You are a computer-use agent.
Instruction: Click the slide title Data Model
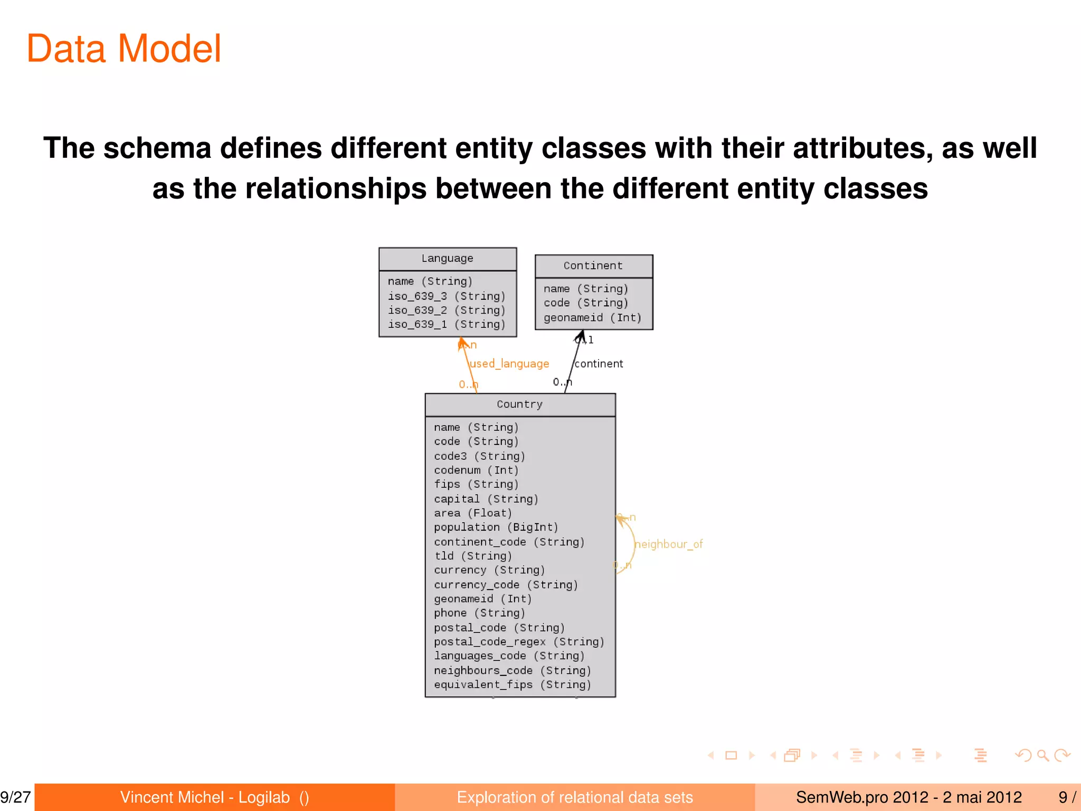[x=124, y=49]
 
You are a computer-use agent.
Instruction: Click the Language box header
[x=447, y=259]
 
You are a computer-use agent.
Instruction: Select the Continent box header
[x=593, y=266]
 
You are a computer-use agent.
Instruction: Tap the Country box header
[x=520, y=404]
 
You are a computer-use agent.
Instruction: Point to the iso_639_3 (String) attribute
[x=447, y=296]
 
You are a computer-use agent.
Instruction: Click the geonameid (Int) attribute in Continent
[x=592, y=318]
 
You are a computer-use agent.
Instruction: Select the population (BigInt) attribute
[x=496, y=527]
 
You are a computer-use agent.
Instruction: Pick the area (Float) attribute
[x=472, y=513]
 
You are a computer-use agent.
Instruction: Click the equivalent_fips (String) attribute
[x=512, y=685]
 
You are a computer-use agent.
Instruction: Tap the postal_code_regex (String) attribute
[x=519, y=642]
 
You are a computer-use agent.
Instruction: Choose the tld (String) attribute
[x=472, y=556]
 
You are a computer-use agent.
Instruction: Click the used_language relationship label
[x=509, y=364]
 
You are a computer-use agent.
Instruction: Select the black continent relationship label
[x=599, y=364]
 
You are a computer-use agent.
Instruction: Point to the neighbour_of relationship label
[x=668, y=544]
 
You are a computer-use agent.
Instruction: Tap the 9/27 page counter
[x=16, y=797]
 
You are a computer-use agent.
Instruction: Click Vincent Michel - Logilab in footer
[x=205, y=797]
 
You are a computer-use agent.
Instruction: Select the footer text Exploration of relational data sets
[x=574, y=797]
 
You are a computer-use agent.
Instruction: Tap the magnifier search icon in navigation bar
[x=1042, y=756]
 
